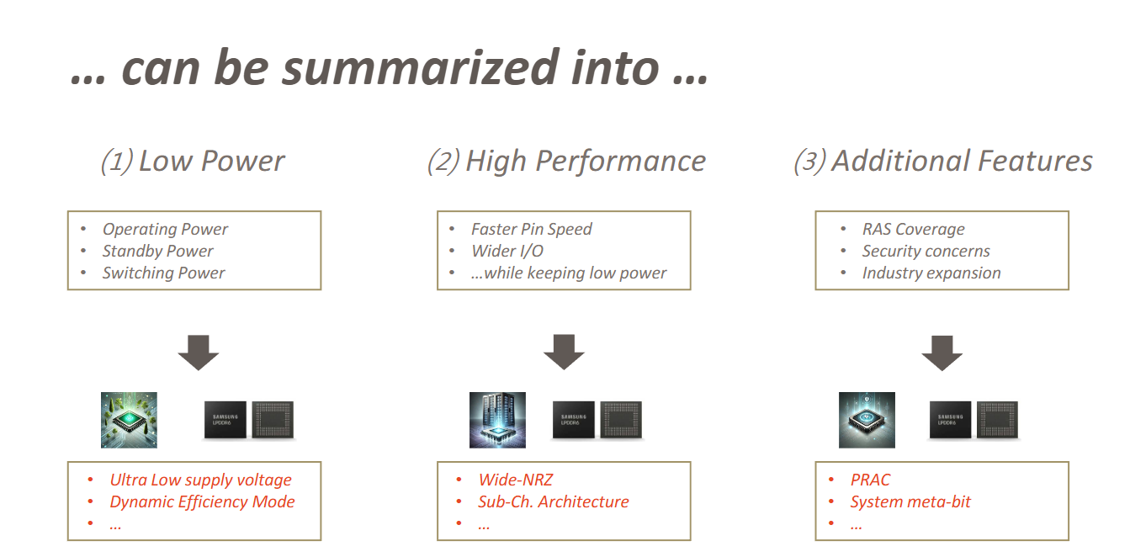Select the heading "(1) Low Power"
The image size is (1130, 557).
(193, 161)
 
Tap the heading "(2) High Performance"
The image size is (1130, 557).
(566, 161)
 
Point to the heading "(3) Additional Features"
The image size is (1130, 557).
(942, 161)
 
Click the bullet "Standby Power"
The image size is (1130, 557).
(157, 251)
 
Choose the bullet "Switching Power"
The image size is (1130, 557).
(163, 273)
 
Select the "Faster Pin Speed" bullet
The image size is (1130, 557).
(531, 229)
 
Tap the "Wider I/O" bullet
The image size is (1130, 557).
(507, 251)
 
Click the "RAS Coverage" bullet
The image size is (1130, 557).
(913, 229)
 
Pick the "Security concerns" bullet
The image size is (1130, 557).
(926, 251)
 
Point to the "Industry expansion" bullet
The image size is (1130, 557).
(931, 273)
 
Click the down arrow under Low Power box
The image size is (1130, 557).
(199, 353)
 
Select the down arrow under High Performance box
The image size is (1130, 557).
(564, 353)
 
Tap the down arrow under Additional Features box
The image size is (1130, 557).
(942, 353)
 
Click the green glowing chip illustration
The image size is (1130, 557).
(129, 420)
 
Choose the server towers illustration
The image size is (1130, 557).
(497, 420)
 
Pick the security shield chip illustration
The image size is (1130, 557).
(867, 420)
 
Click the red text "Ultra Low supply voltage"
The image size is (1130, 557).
(200, 480)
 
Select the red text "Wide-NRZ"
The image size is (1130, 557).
(515, 480)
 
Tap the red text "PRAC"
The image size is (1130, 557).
(870, 480)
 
